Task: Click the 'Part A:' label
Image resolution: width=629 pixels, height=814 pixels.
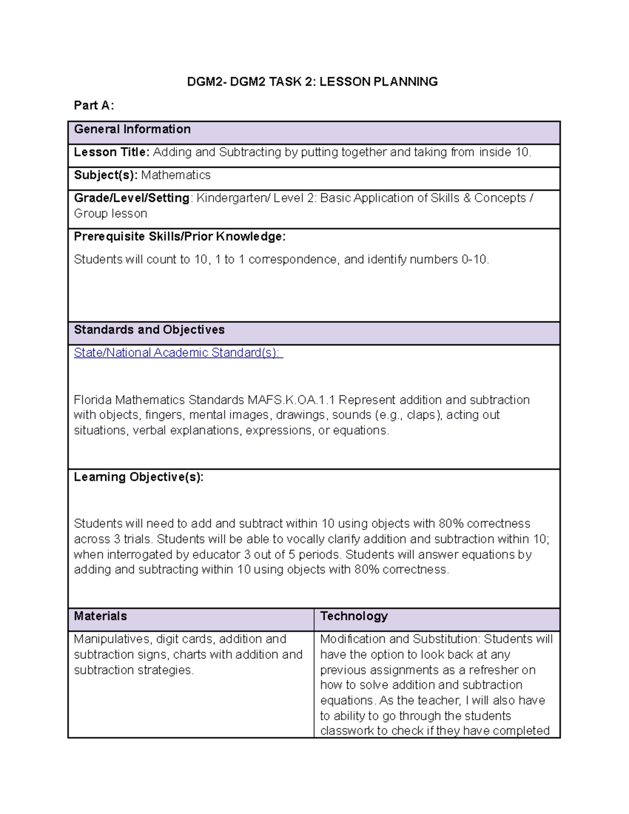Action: [93, 105]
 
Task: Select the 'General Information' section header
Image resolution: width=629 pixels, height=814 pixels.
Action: [132, 129]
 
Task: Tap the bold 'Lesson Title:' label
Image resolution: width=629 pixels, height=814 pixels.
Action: [112, 153]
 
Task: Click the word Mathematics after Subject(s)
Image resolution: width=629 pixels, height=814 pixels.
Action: [176, 175]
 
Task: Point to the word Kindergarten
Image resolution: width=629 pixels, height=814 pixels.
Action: [230, 198]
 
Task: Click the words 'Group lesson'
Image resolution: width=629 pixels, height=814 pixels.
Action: [110, 214]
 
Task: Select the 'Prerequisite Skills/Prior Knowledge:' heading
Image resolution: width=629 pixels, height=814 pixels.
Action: [179, 237]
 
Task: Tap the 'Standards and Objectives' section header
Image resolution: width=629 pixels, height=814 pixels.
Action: [149, 330]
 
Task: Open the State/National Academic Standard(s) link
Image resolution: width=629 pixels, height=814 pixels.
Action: [178, 353]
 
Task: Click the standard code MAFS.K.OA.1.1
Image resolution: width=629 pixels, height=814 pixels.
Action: [291, 400]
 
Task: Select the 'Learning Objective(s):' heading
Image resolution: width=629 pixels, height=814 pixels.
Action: [138, 477]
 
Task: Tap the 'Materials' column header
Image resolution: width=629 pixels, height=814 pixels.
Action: [100, 616]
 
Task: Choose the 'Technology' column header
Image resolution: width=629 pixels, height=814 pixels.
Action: [354, 616]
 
